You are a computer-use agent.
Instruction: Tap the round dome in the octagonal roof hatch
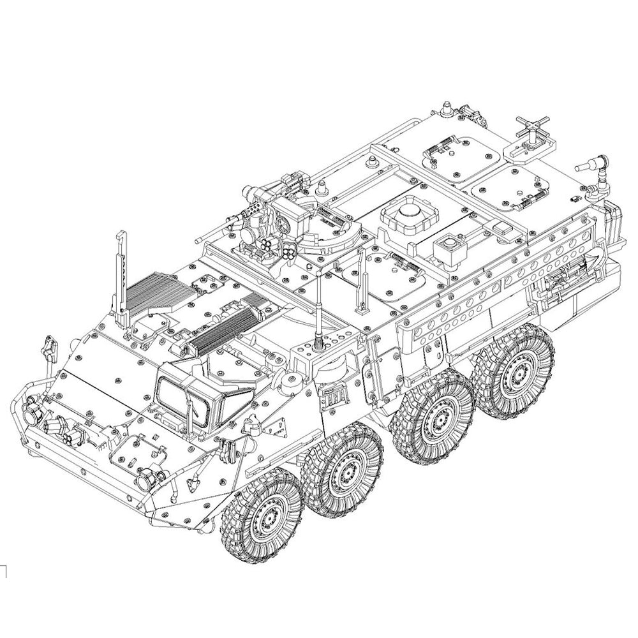tap(407, 211)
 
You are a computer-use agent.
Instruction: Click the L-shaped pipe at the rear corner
tap(593, 167)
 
